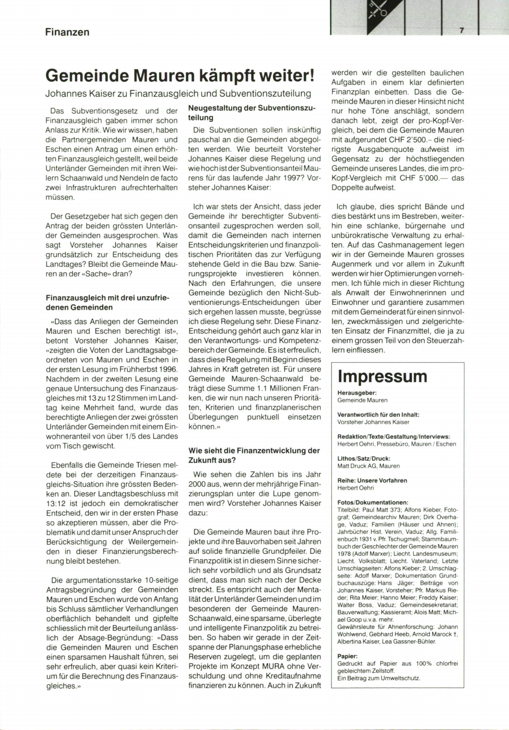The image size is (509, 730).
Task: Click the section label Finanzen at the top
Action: point(67,32)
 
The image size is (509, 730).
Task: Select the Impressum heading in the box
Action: point(382,376)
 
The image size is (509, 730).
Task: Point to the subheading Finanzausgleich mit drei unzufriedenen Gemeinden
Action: point(107,302)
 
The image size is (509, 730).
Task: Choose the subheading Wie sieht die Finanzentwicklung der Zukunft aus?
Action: point(254,455)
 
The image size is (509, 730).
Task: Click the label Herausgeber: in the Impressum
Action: point(357,393)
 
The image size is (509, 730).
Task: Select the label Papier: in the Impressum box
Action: point(347,656)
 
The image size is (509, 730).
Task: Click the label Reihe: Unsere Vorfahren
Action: point(366,480)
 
